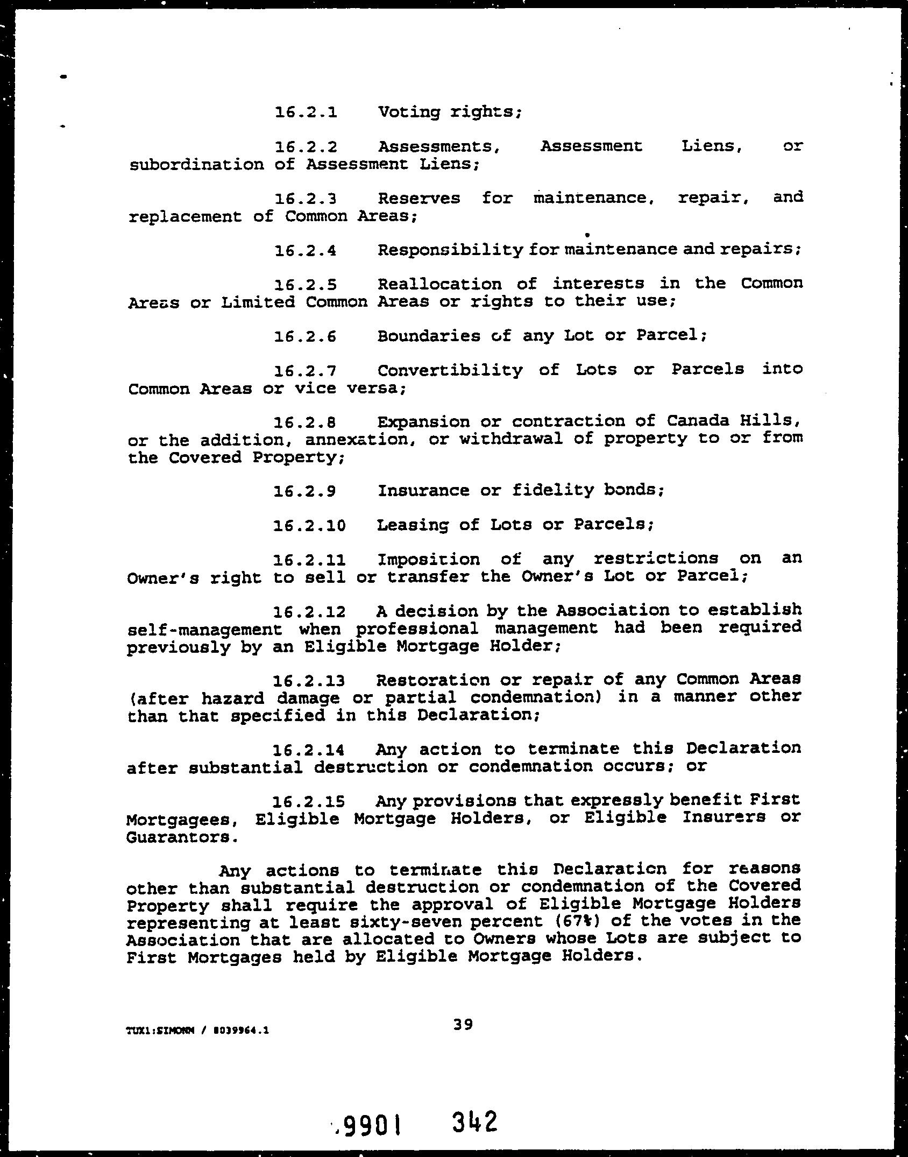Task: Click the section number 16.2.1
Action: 306,112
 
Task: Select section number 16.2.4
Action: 306,250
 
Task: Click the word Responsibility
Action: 450,250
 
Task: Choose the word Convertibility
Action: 450,371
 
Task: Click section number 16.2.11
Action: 310,560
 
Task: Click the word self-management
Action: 204,629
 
